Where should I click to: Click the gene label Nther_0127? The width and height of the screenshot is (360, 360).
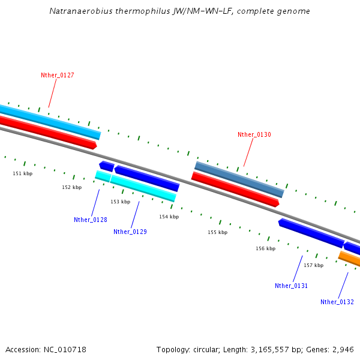[x=58, y=75]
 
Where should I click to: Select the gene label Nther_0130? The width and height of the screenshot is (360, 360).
[x=254, y=135]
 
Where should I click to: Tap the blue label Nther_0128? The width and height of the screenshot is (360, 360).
[x=91, y=220]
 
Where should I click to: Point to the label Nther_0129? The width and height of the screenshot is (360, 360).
[x=130, y=232]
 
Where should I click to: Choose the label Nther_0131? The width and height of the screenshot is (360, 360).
[x=292, y=286]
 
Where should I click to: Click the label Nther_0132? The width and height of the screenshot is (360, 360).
[x=337, y=302]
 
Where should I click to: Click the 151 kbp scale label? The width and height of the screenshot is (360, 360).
[x=23, y=173]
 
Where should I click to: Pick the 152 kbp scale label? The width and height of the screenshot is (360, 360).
[x=72, y=187]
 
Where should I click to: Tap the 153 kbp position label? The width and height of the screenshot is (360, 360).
[x=121, y=202]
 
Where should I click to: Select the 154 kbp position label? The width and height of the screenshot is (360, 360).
[x=169, y=217]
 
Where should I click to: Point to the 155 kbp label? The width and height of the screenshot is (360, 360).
[x=218, y=232]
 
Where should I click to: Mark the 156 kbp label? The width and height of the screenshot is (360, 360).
[x=266, y=248]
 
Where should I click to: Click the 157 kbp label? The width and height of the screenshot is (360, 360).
[x=314, y=265]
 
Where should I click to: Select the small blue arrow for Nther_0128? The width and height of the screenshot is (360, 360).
[x=107, y=166]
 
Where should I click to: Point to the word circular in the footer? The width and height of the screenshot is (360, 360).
[x=209, y=349]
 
